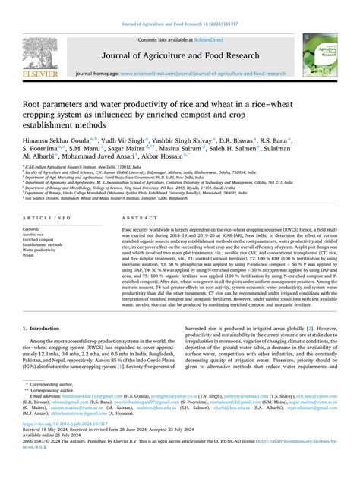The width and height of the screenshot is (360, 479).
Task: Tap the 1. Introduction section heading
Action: click(x=46, y=351)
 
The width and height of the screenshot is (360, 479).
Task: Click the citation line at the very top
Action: click(x=180, y=6)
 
